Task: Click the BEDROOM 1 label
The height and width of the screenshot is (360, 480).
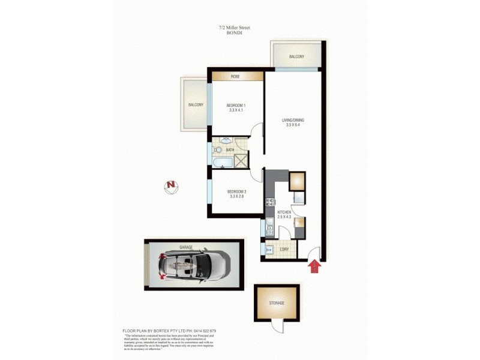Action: [x=237, y=105]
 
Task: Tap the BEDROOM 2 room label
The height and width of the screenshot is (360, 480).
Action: [x=237, y=192]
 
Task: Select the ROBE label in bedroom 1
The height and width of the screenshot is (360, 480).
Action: [x=236, y=77]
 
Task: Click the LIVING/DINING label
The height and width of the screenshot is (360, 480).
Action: [x=293, y=121]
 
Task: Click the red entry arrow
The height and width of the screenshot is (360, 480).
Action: [x=313, y=266]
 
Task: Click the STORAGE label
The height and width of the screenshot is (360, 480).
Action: [x=276, y=304]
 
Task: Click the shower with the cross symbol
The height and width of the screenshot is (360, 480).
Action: [x=241, y=160]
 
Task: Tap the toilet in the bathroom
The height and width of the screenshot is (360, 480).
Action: [x=218, y=150]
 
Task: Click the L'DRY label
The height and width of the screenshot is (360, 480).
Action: [x=284, y=250]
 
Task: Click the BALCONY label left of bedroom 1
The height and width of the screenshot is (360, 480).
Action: [x=196, y=105]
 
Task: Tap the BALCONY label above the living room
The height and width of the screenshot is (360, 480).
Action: [x=296, y=57]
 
